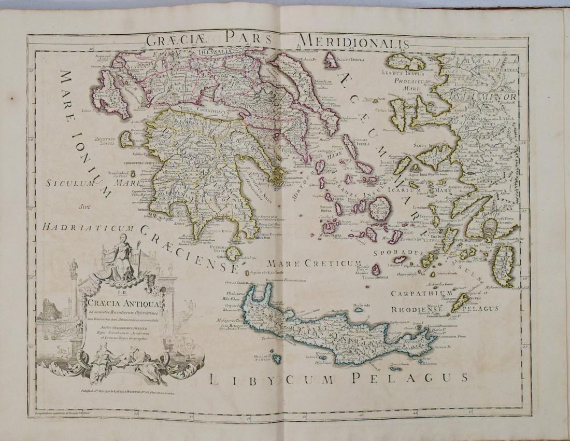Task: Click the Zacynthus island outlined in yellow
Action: (125, 137)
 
